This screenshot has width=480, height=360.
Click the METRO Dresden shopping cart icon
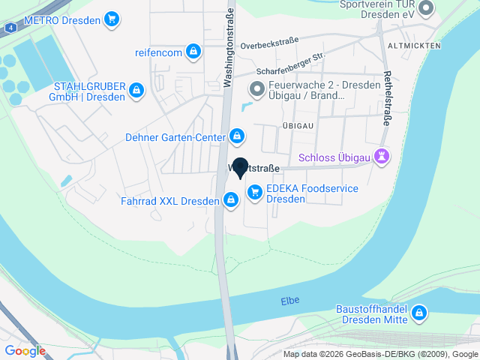(x=112, y=19)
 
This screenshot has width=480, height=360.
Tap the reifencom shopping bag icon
(x=193, y=51)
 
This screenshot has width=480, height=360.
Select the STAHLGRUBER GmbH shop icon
(x=136, y=91)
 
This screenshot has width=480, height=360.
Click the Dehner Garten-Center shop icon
(x=237, y=136)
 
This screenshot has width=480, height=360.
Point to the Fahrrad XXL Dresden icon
(x=231, y=199)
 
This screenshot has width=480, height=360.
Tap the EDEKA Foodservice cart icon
(x=255, y=193)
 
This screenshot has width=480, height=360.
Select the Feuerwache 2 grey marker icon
(x=256, y=90)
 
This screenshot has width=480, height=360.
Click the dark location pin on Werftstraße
(x=240, y=168)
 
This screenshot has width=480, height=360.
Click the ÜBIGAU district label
(x=297, y=124)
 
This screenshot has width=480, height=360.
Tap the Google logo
(x=25, y=351)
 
